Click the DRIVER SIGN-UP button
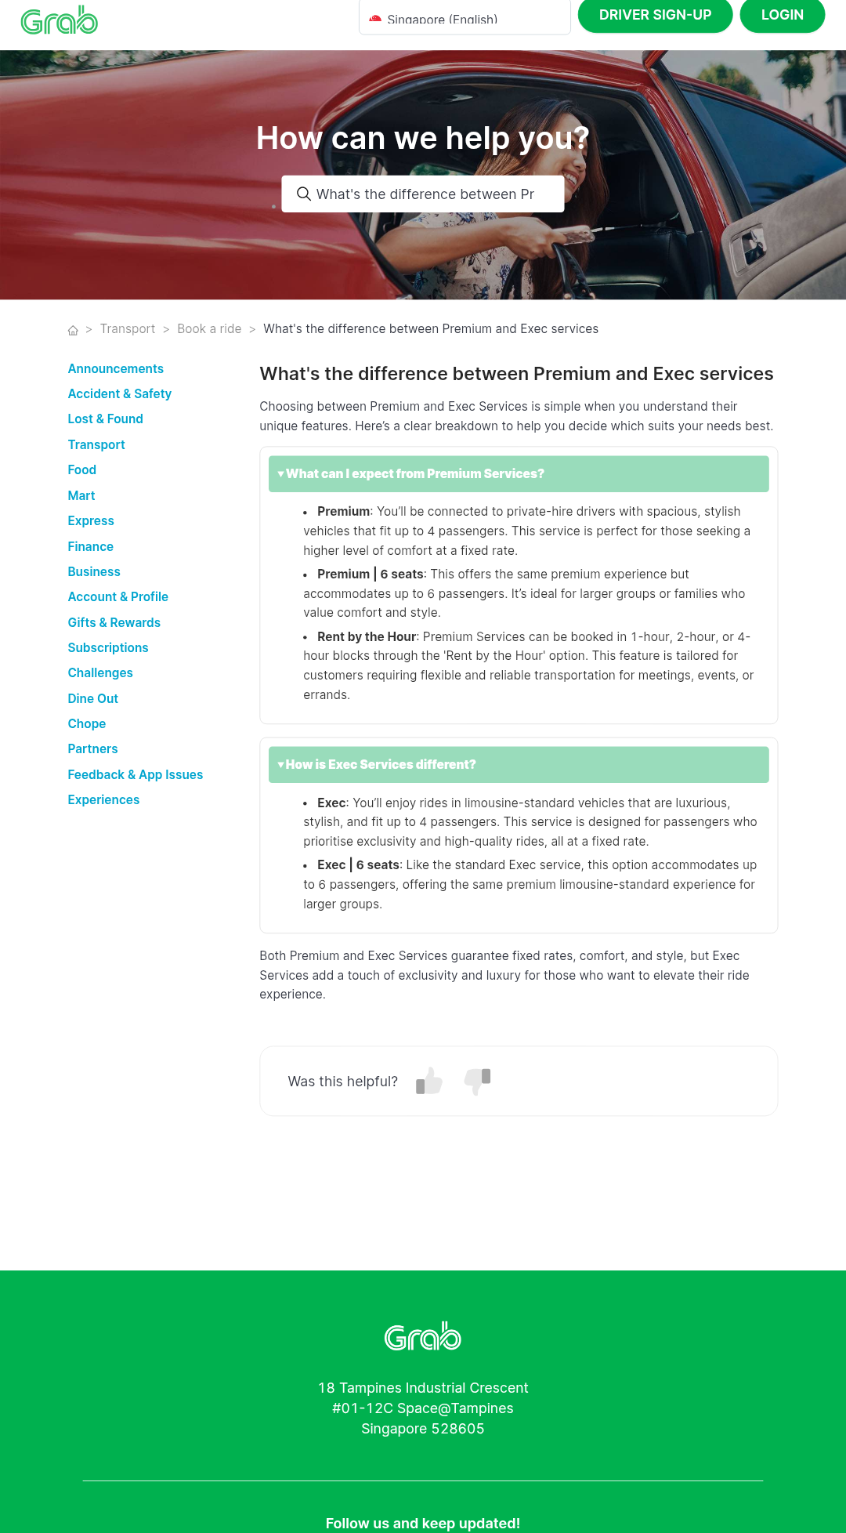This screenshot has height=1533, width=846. pyautogui.click(x=655, y=15)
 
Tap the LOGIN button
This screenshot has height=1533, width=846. pyautogui.click(x=782, y=15)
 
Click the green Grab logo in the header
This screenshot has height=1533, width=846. pyautogui.click(x=60, y=20)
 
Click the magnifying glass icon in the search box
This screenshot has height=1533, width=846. pyautogui.click(x=304, y=194)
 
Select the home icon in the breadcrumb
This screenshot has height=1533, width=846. pyautogui.click(x=73, y=330)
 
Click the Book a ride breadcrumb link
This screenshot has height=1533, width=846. pyautogui.click(x=209, y=329)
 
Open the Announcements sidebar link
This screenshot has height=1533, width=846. pyautogui.click(x=116, y=369)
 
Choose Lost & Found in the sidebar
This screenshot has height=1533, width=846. pyautogui.click(x=106, y=419)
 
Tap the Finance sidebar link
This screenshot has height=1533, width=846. pyautogui.click(x=91, y=547)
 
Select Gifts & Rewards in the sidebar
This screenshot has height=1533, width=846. pyautogui.click(x=114, y=623)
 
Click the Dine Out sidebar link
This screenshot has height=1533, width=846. pyautogui.click(x=93, y=699)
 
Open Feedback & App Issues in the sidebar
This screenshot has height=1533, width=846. pyautogui.click(x=136, y=775)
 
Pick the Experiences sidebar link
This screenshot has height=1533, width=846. pyautogui.click(x=104, y=800)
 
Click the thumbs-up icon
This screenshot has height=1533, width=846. pyautogui.click(x=429, y=1081)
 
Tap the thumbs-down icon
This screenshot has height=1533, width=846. pyautogui.click(x=477, y=1081)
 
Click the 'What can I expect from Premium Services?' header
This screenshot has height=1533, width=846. pyautogui.click(x=518, y=474)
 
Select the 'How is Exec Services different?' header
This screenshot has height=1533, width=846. pyautogui.click(x=518, y=765)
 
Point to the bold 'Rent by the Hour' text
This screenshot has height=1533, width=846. pyautogui.click(x=367, y=637)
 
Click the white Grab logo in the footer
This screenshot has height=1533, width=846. pyautogui.click(x=423, y=1337)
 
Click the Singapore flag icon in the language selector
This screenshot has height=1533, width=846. pyautogui.click(x=375, y=19)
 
